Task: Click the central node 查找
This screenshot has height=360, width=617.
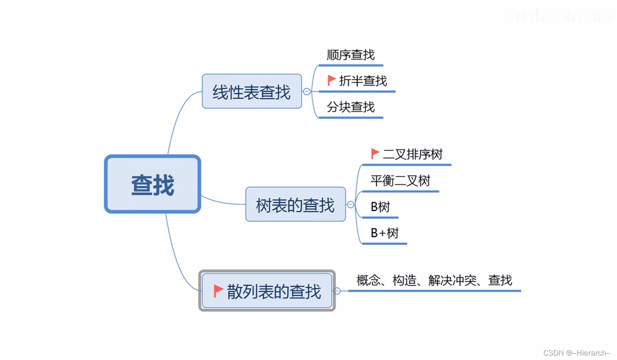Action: coord(152,184)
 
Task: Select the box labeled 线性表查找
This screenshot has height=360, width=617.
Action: coord(251,92)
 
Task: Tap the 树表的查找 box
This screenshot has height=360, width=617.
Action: coord(295,204)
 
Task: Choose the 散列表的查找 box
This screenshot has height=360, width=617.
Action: coord(267,291)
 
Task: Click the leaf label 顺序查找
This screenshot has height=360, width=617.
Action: coord(351,55)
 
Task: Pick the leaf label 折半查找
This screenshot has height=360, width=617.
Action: coord(363,81)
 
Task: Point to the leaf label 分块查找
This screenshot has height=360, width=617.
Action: coord(351,107)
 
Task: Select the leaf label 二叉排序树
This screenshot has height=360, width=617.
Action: coord(413,154)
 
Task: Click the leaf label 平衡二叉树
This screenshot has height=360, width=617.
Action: coord(400,180)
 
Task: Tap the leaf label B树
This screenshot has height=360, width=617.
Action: coord(380,207)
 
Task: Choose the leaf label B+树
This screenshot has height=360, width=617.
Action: coord(384,233)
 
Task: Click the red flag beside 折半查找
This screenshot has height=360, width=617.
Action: coord(331,80)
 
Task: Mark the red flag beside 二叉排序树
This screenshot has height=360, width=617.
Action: coord(375,153)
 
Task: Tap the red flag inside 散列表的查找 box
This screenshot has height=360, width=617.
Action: coord(218,290)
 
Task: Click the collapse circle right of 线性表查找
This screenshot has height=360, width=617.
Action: coord(307,92)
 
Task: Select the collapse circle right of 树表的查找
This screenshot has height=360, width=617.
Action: coord(351,204)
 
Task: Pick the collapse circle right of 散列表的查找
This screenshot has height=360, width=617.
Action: coord(337,291)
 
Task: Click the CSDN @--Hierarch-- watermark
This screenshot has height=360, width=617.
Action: coord(577,353)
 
